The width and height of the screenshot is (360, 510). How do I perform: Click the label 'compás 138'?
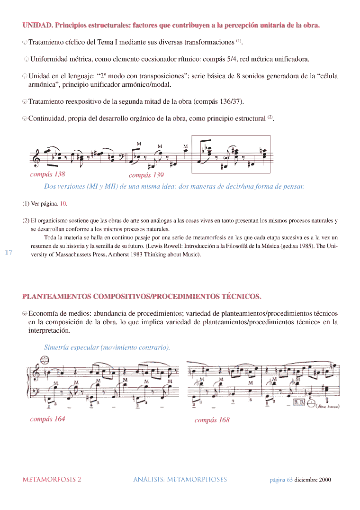click(x=47, y=174)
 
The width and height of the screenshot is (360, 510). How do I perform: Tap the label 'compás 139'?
click(x=146, y=175)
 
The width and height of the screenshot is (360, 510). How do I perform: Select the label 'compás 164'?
click(x=47, y=419)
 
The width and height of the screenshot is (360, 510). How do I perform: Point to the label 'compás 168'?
click(x=212, y=420)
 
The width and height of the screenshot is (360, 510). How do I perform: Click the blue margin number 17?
click(x=9, y=252)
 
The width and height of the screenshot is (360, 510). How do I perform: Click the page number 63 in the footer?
click(x=289, y=480)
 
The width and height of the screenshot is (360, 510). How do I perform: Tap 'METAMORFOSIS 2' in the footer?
click(x=52, y=479)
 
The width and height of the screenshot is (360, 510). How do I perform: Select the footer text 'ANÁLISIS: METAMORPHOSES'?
click(x=180, y=479)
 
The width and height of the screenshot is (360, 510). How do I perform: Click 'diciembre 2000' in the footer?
click(x=313, y=480)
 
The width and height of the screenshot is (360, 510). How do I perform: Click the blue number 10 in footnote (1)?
click(x=63, y=203)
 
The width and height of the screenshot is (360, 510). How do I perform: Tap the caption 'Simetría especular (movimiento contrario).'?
click(x=107, y=347)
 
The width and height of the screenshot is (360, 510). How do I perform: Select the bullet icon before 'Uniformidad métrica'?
click(x=27, y=60)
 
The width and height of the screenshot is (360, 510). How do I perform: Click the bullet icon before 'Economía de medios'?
click(x=25, y=314)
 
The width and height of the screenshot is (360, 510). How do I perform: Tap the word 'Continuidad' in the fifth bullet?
click(x=47, y=118)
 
